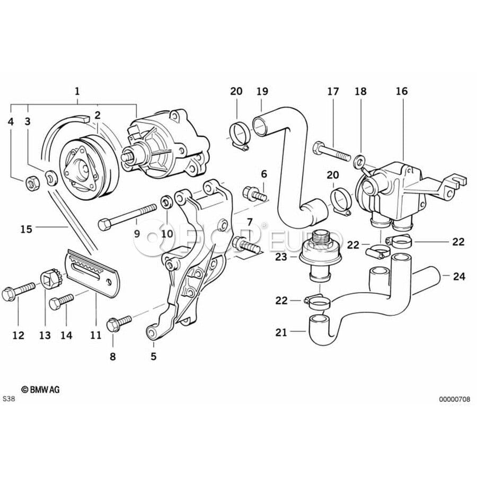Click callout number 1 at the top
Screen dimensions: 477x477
(77, 91)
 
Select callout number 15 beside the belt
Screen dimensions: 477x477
(26, 229)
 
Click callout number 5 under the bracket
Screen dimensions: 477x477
(153, 356)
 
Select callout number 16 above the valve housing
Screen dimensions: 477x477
(401, 91)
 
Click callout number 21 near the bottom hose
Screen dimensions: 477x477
(281, 332)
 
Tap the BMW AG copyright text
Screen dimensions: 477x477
(41, 389)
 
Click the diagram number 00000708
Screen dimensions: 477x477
(454, 399)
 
